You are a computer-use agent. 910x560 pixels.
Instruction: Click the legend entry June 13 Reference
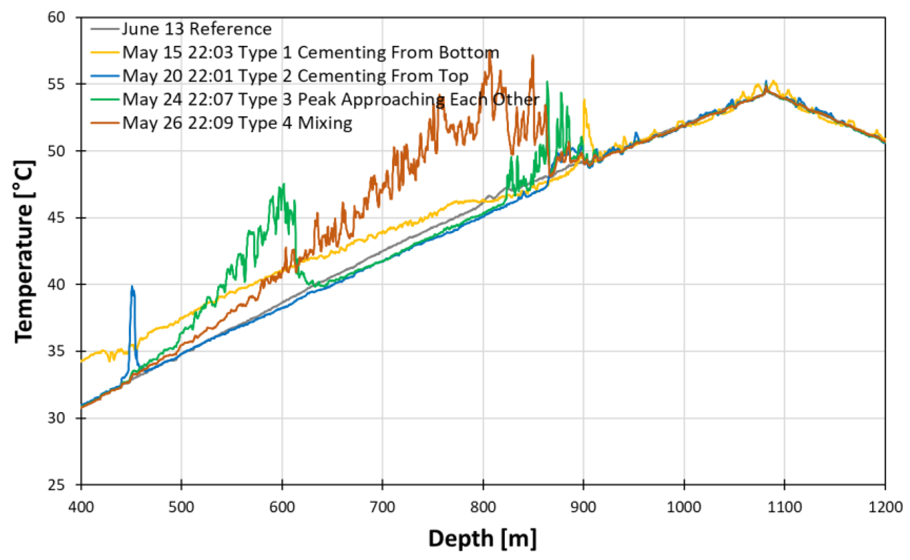pyautogui.click(x=196, y=29)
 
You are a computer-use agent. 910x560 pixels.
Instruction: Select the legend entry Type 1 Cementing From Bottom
pyautogui.click(x=310, y=53)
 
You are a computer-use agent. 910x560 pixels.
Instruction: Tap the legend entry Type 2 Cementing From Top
pyautogui.click(x=295, y=76)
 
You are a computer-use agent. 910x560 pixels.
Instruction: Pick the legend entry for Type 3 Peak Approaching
pyautogui.click(x=330, y=99)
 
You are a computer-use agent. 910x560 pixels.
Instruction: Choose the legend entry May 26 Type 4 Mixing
pyautogui.click(x=237, y=123)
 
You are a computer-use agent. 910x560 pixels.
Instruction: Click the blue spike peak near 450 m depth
pyautogui.click(x=132, y=286)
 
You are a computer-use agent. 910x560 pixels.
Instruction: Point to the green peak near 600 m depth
pyautogui.click(x=284, y=184)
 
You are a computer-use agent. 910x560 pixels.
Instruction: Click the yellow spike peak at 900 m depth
pyautogui.click(x=584, y=99)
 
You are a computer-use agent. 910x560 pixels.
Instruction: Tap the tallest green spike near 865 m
pyautogui.click(x=547, y=81)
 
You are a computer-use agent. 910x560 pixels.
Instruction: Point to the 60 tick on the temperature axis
pyautogui.click(x=56, y=17)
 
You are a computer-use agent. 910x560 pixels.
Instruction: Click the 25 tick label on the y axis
pyautogui.click(x=56, y=485)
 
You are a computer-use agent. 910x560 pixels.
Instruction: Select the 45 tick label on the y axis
pyautogui.click(x=56, y=218)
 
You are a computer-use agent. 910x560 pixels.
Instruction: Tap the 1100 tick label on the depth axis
pyautogui.click(x=785, y=507)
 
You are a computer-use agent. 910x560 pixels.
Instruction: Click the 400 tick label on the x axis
pyautogui.click(x=81, y=507)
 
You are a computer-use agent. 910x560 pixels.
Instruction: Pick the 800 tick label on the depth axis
pyautogui.click(x=483, y=507)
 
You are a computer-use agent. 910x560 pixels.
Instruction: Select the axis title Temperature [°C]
pyautogui.click(x=25, y=252)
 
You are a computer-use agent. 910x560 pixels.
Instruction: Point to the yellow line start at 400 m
pyautogui.click(x=82, y=360)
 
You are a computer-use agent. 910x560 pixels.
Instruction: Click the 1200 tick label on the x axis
pyautogui.click(x=885, y=507)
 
